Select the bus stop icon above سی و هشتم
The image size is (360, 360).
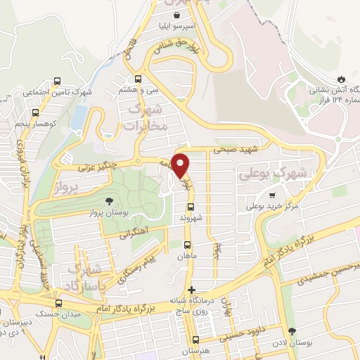tap(138, 79)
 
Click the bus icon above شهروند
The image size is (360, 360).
tap(189, 207)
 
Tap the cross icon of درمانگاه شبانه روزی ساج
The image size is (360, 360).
tap(191, 290)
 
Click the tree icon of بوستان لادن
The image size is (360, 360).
tap(292, 331)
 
